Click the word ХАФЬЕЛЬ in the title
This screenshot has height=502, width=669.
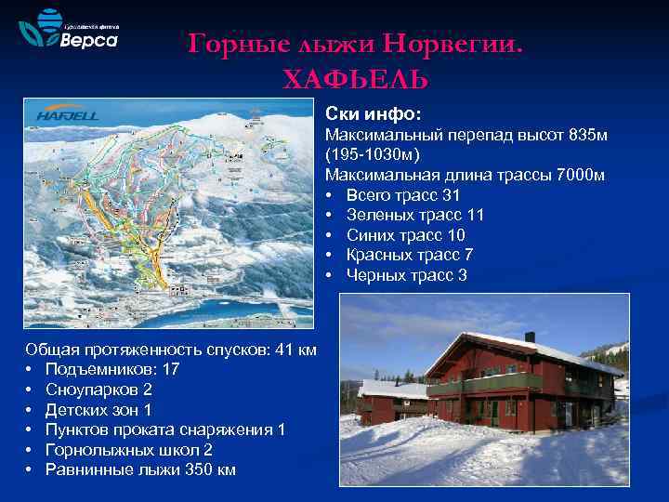click(356, 78)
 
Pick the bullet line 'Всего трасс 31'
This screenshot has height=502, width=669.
click(402, 195)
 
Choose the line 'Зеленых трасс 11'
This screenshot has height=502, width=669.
click(414, 215)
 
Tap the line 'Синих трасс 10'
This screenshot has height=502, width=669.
click(405, 235)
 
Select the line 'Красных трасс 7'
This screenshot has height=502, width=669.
click(409, 255)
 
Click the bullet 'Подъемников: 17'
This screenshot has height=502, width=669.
click(111, 369)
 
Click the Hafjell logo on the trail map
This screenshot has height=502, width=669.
click(67, 114)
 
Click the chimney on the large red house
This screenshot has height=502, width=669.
click(530, 337)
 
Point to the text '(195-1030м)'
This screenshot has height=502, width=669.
click(372, 154)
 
